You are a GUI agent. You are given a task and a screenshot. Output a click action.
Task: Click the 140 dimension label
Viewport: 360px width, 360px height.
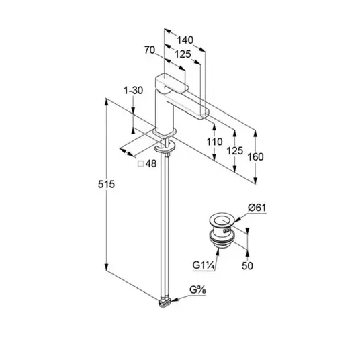(x=185, y=40)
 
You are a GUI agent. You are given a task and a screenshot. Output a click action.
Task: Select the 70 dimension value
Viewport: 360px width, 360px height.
(x=150, y=50)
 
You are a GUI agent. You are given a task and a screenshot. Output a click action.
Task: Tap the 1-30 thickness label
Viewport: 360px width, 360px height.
(x=133, y=91)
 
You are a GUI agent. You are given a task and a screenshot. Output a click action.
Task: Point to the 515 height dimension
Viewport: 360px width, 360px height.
(x=106, y=184)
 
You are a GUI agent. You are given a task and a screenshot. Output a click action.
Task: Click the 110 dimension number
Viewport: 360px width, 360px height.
(x=214, y=142)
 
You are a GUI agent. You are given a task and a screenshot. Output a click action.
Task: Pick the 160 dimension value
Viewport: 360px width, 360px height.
(x=255, y=157)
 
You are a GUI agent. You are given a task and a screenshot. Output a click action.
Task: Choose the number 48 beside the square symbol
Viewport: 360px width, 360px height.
(x=151, y=164)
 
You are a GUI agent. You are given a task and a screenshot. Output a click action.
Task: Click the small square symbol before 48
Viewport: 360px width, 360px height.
(x=140, y=164)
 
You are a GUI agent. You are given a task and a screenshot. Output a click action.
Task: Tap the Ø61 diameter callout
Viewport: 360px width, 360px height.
(x=257, y=208)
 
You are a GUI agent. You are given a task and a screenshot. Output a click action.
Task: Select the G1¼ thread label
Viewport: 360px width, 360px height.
(x=204, y=265)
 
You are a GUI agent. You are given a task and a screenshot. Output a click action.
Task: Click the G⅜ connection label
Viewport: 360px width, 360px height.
(x=197, y=290)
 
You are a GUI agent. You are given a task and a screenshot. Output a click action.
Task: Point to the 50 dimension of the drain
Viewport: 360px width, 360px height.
(x=247, y=266)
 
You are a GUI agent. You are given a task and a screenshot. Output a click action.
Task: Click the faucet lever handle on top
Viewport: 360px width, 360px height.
(x=172, y=84)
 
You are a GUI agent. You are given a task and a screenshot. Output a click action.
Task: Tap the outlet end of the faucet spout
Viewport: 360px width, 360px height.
(x=205, y=114)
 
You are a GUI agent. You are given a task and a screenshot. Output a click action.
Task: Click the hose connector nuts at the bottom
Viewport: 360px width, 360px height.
(x=165, y=302)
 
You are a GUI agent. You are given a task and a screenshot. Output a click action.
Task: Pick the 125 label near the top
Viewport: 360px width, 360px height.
(x=183, y=54)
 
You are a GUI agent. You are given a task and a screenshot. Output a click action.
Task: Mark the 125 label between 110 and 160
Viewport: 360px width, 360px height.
(x=234, y=151)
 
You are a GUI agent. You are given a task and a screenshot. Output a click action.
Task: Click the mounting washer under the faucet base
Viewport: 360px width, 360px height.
(x=165, y=147)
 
